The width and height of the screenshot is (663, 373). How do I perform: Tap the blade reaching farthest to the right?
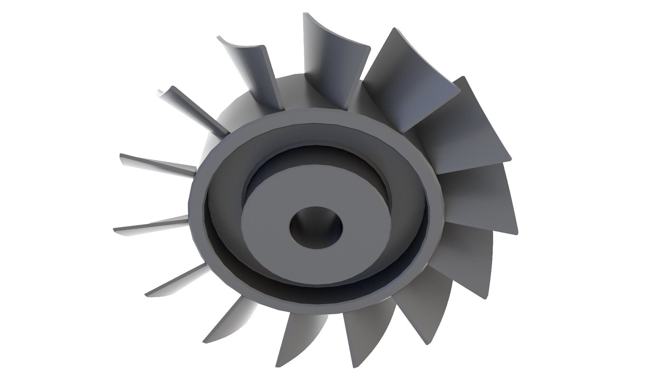[483, 200]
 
